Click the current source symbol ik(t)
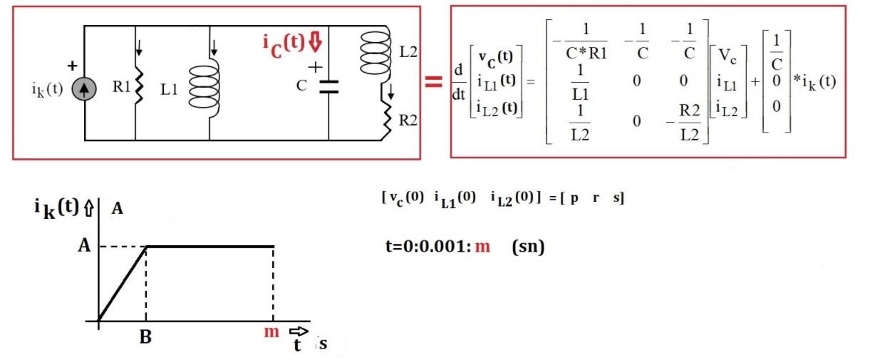coord(84,92)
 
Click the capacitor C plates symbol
coord(328,88)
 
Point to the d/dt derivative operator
coord(460,81)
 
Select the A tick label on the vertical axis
coord(83,246)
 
